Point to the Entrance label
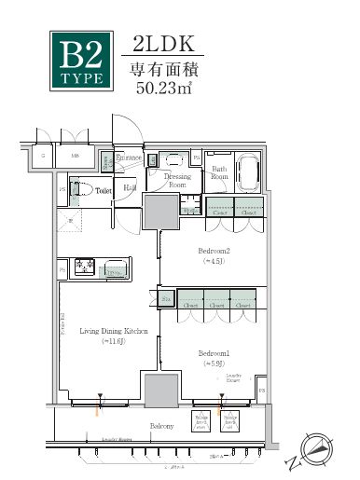(x=129, y=158)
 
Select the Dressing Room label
(x=177, y=179)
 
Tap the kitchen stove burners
(x=83, y=268)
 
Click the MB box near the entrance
(x=75, y=158)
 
